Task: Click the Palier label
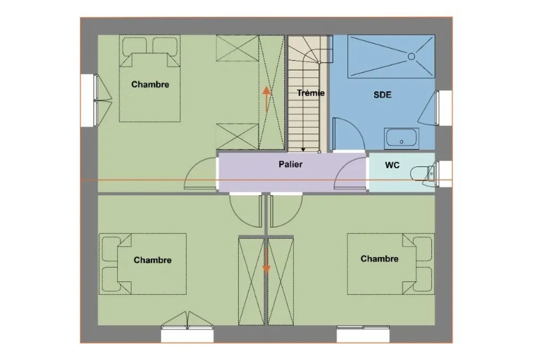290,164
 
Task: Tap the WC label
392,165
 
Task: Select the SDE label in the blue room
382,94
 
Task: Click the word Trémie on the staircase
311,93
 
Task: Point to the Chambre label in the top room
150,84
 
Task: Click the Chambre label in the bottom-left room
152,260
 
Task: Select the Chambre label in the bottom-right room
379,259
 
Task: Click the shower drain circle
411,57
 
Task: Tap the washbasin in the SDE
401,139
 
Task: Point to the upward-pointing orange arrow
266,99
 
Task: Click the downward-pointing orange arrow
266,260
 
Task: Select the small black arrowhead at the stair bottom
303,149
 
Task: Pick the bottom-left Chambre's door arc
240,218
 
